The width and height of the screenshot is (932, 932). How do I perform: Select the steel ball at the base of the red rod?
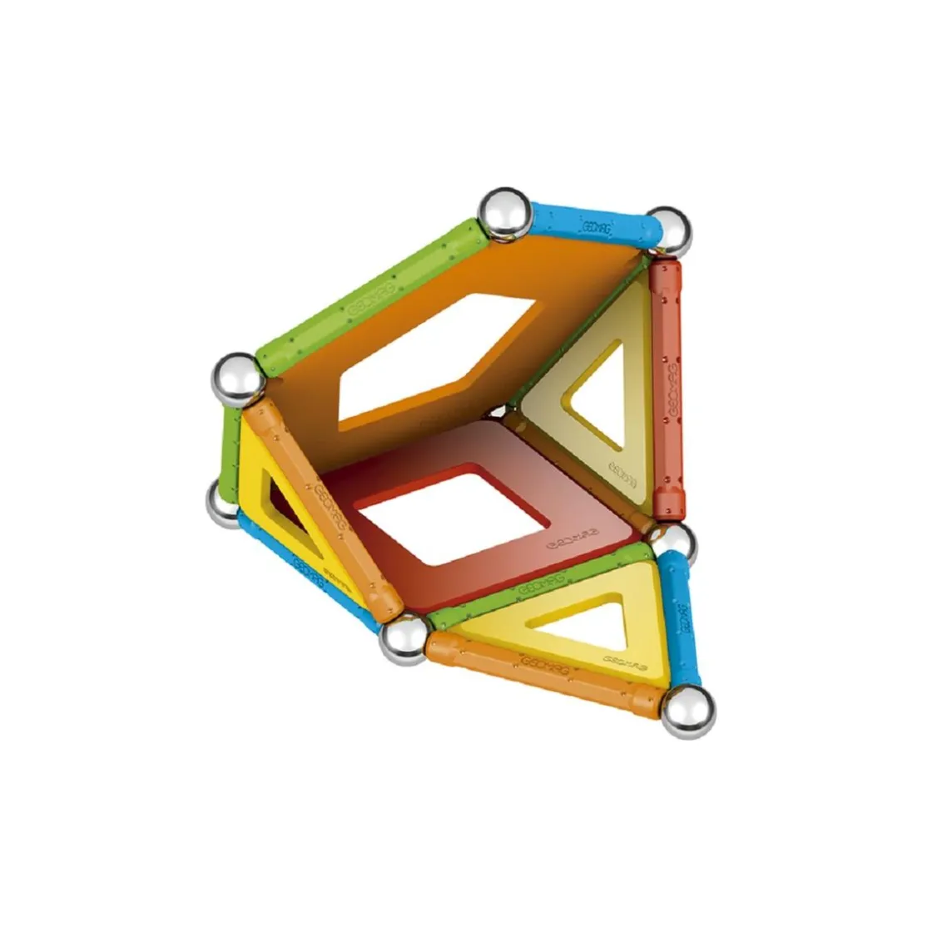point(674,543)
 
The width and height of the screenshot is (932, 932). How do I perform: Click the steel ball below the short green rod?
point(226,503)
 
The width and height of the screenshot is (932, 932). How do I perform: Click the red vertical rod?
point(667,387)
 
